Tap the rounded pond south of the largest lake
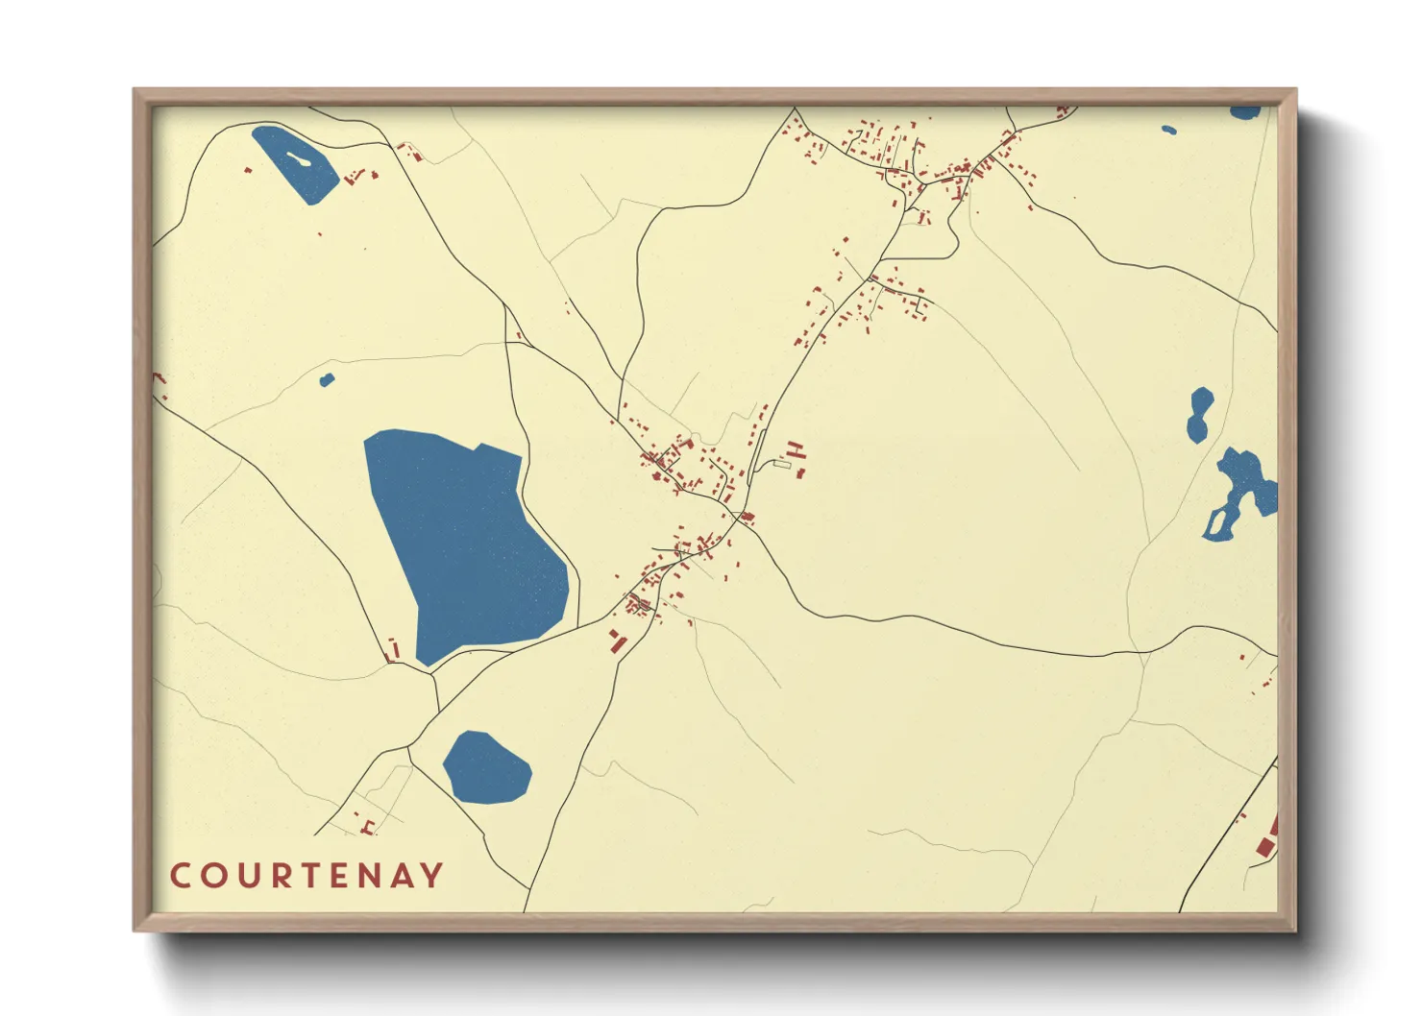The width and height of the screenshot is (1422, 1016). tap(486, 767)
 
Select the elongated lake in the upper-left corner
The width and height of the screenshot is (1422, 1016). tap(295, 163)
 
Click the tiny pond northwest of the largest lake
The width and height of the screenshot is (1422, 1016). tap(327, 379)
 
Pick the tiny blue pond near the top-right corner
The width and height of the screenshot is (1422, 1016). tap(1168, 130)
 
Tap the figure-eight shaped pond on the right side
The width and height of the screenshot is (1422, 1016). tap(1199, 414)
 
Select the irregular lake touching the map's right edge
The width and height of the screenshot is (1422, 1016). tap(1244, 490)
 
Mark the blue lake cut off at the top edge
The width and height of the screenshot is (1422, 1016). tap(1245, 112)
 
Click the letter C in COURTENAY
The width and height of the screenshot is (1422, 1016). tap(181, 876)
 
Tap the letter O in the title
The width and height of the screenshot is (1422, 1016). tap(212, 876)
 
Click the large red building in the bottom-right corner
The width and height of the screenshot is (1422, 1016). tap(1265, 845)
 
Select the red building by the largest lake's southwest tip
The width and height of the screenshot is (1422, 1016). tap(392, 650)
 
